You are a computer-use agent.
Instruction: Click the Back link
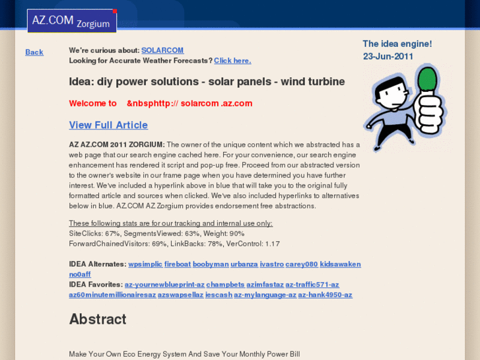coord(34,52)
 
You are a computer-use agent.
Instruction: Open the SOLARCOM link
coord(162,50)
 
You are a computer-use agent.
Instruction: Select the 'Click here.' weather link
coord(232,61)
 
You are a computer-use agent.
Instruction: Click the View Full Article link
coord(108,125)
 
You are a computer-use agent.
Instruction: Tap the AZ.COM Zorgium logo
coord(72,21)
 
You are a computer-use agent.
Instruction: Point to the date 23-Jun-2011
coord(388,56)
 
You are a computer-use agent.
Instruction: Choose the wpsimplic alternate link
coord(145,264)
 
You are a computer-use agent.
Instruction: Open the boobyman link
coord(211,264)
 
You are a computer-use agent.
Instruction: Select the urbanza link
coord(244,264)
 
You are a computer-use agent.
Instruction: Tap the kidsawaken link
coord(341,264)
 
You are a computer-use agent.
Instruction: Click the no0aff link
coord(80,274)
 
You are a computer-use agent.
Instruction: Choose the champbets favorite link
coord(225,285)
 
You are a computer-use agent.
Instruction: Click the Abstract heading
coord(98,319)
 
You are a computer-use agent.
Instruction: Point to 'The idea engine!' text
coord(397,44)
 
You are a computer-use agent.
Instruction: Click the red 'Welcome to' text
coord(93,103)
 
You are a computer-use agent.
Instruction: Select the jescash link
coord(219,295)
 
